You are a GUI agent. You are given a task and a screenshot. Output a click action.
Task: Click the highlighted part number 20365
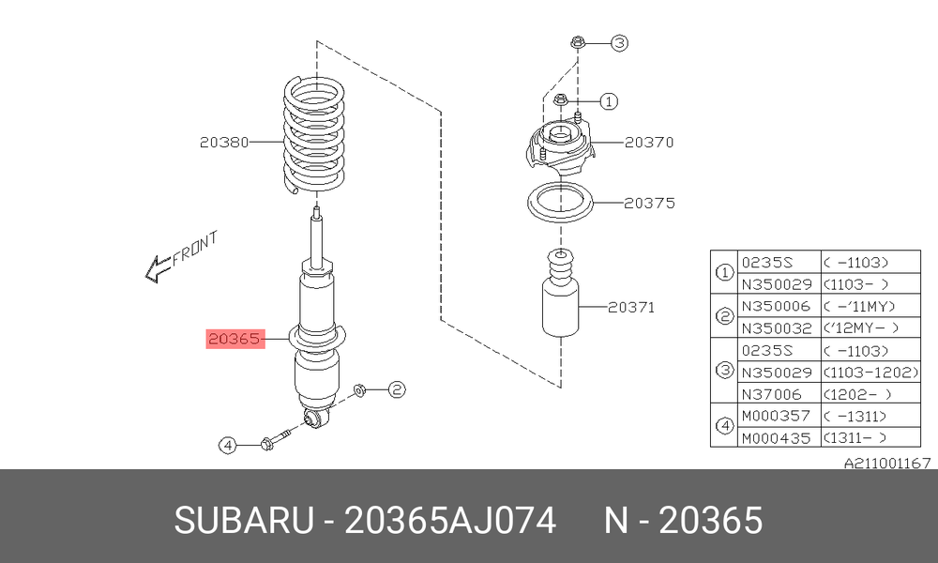point(235,339)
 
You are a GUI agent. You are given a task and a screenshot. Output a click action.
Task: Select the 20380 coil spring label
point(224,143)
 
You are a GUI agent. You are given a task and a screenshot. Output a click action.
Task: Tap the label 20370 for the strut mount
point(649,143)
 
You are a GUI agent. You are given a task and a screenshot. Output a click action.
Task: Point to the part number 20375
point(649,204)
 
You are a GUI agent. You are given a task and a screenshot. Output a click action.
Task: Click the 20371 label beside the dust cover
point(631,308)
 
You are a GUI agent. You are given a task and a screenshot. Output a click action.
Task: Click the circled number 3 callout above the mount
point(620,43)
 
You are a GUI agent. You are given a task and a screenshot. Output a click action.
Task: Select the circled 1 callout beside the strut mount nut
point(609,101)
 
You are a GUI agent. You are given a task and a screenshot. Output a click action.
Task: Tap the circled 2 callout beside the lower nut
point(397,390)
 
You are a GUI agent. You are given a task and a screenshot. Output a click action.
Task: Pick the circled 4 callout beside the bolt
point(227,445)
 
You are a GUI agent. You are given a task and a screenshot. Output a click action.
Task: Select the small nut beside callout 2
point(360,390)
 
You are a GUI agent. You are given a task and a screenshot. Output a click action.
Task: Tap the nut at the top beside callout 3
point(577,42)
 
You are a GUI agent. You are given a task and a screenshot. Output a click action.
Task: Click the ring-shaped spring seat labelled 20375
point(561,203)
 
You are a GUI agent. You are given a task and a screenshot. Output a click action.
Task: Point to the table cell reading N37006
point(771,394)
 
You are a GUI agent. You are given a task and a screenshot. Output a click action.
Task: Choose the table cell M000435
point(776,438)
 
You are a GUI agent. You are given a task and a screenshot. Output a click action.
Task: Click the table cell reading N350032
point(777,328)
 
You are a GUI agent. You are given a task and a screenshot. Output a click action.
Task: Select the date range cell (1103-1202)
point(871,373)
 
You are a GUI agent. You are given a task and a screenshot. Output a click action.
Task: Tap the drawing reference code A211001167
point(887,464)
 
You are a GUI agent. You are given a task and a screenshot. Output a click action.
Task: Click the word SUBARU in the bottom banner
point(244,520)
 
